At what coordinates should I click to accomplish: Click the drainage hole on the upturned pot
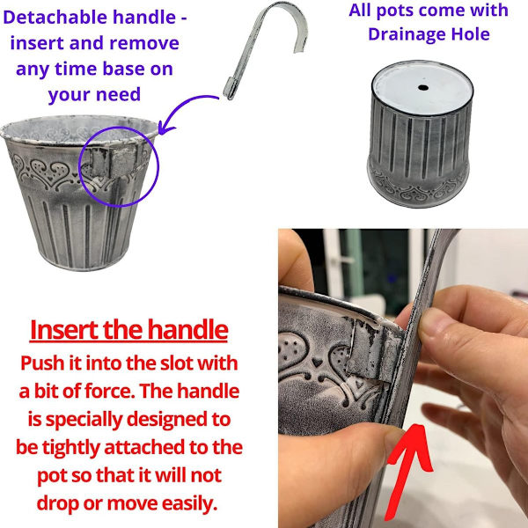[x=423, y=88]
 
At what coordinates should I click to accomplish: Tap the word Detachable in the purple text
[x=55, y=18]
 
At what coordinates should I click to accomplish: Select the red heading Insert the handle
[x=129, y=330]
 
